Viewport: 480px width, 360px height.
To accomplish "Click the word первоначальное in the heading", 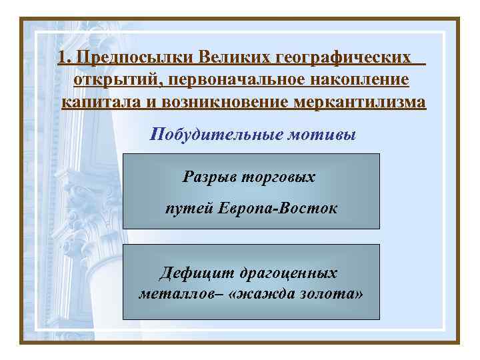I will [231, 81].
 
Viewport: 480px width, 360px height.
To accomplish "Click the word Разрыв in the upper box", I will [206, 177].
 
